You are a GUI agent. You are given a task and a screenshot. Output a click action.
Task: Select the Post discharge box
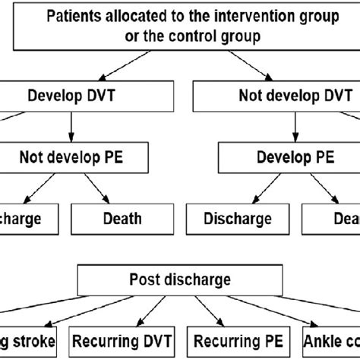(181, 280)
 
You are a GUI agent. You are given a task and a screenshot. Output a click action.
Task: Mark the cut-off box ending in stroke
(27, 340)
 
